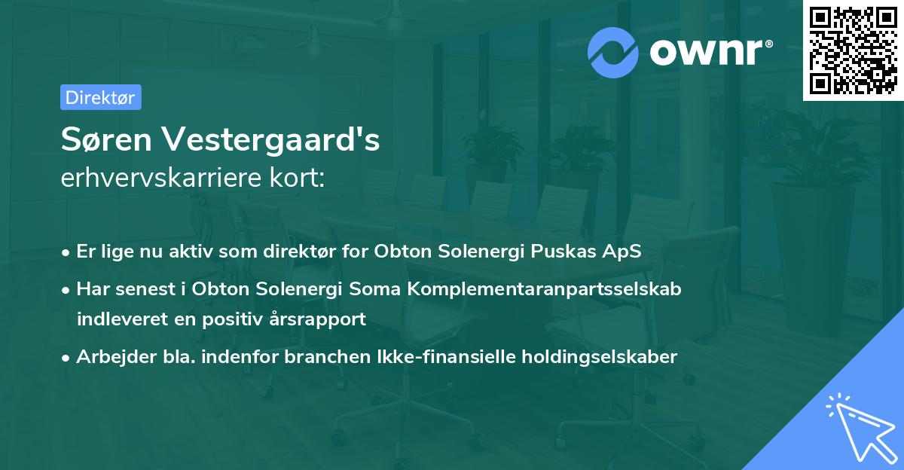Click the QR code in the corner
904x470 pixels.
(x=854, y=50)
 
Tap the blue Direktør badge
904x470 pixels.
(x=100, y=97)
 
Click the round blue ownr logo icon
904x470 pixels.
(x=612, y=52)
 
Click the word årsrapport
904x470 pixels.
(x=319, y=319)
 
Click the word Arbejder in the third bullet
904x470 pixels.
(x=110, y=356)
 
